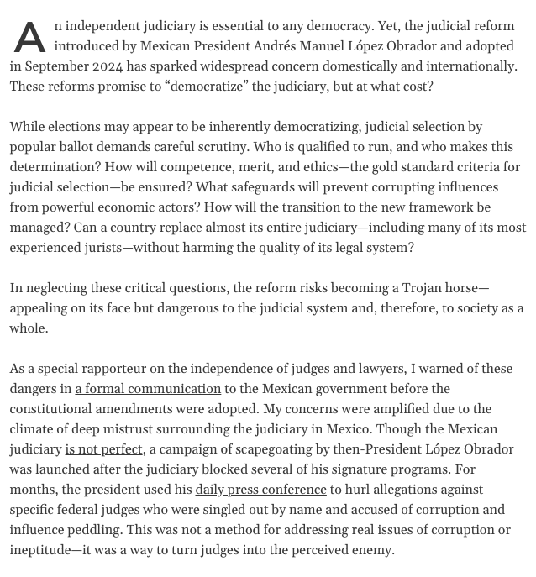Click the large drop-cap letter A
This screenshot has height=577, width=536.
pyautogui.click(x=29, y=38)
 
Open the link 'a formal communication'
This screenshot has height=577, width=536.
pyautogui.click(x=148, y=389)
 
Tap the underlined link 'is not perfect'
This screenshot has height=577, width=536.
pyautogui.click(x=103, y=449)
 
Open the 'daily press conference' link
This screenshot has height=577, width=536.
pyautogui.click(x=260, y=490)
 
